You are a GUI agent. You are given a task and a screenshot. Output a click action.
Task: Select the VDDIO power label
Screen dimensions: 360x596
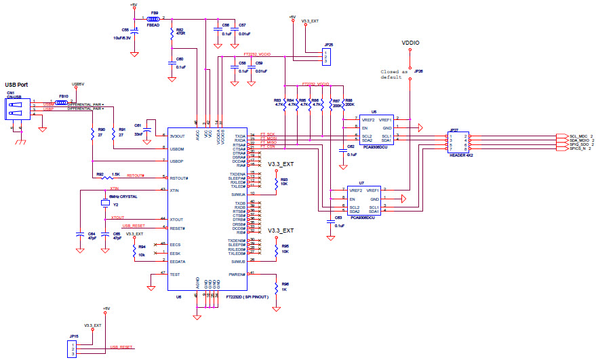tap(411, 43)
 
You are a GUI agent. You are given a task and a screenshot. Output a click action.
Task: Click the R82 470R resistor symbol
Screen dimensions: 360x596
tap(172, 33)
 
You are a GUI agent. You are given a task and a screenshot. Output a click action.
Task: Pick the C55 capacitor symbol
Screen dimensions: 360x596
tap(135, 31)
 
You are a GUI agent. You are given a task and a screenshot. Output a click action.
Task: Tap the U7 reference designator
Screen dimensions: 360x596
tap(361, 183)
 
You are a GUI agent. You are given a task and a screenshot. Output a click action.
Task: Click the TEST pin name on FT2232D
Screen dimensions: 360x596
tap(175, 273)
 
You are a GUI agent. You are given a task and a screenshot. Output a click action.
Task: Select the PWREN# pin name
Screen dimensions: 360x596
tap(237, 273)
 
